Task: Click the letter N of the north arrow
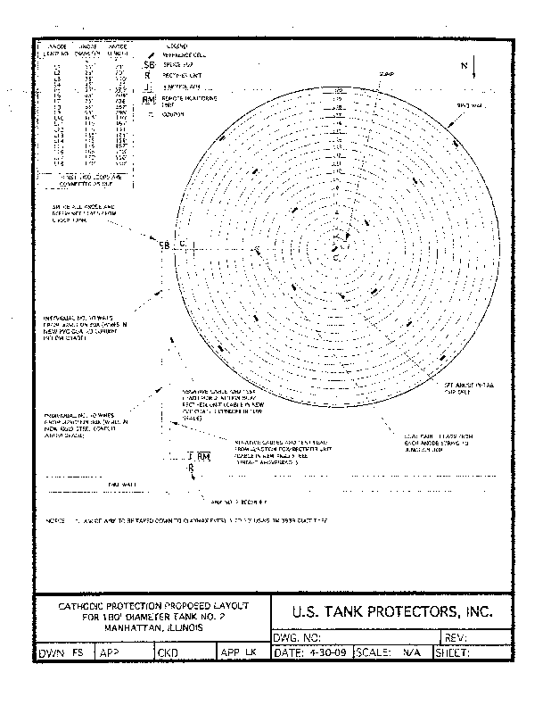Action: [465, 66]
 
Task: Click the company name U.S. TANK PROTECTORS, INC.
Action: [391, 612]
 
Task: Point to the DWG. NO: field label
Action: [295, 637]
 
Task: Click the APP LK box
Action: [238, 653]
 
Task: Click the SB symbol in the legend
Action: [148, 65]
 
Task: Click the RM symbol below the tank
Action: [203, 458]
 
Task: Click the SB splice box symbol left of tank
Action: [163, 245]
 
